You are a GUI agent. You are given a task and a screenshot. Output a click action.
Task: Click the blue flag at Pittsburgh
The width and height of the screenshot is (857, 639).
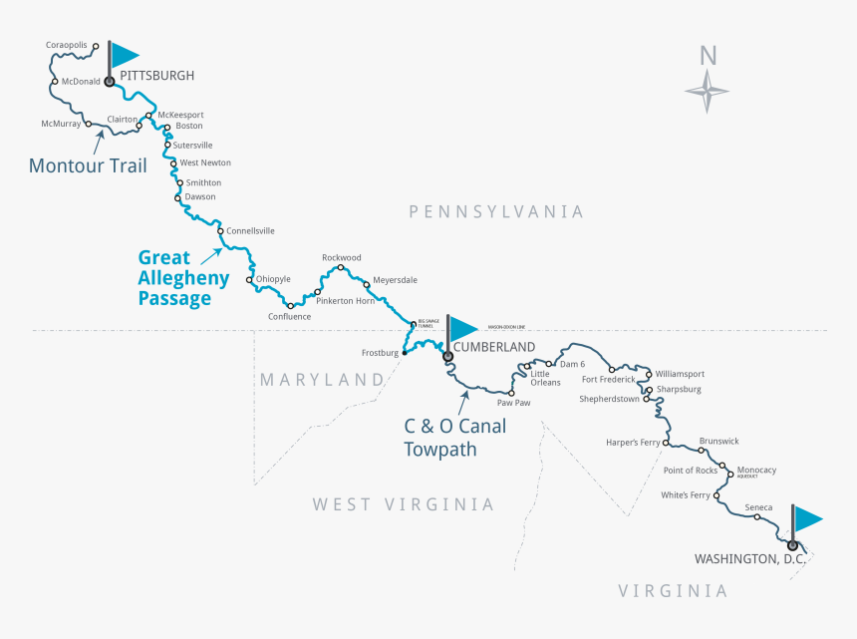(124, 55)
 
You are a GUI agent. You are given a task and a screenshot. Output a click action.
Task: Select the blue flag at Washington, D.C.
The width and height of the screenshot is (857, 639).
(807, 518)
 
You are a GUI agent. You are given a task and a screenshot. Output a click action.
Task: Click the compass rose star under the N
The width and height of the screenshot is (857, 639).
(708, 93)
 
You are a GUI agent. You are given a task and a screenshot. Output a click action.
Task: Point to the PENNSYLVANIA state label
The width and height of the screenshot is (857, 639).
(496, 211)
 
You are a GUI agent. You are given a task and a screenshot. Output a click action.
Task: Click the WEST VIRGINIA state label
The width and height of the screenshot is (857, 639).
(404, 504)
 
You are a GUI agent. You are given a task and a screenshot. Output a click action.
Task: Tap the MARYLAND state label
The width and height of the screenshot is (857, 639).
(321, 380)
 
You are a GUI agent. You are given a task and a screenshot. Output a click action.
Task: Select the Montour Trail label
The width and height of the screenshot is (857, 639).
(88, 165)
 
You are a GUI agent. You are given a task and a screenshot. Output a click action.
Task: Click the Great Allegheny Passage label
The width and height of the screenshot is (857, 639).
(183, 278)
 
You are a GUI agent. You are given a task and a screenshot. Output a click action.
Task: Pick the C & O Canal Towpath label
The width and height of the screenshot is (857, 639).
(454, 438)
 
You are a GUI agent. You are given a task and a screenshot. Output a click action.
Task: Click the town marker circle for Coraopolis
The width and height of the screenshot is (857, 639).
(96, 46)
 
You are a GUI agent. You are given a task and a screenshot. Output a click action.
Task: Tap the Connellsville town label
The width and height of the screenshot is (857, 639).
(250, 231)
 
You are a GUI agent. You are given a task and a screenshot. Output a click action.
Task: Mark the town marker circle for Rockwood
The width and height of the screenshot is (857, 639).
(341, 267)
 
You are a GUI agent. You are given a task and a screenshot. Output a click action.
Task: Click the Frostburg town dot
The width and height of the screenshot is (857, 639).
(404, 352)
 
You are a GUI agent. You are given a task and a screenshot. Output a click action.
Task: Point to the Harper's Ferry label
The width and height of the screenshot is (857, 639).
(633, 442)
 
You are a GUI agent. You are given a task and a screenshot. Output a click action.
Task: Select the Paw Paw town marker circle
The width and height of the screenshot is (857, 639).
(511, 393)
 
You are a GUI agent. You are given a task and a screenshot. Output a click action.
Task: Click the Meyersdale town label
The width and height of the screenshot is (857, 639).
(395, 280)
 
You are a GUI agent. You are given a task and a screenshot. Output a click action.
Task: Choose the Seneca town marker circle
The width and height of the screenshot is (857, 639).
(757, 517)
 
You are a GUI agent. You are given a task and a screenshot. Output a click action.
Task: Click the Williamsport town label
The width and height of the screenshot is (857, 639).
(680, 374)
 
